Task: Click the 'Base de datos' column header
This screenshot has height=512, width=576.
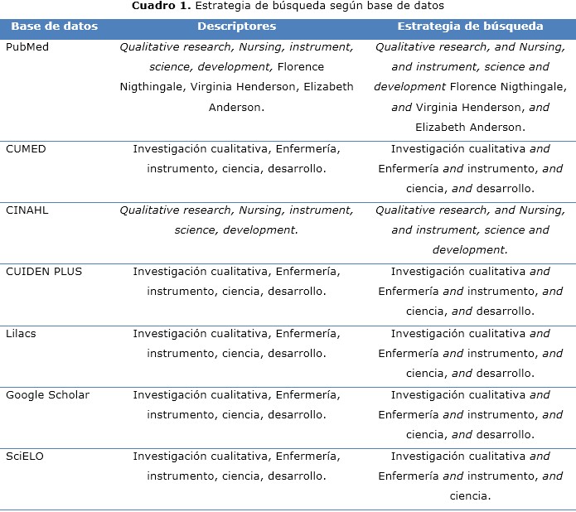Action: [54, 26]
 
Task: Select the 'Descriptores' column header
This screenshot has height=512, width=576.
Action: [236, 26]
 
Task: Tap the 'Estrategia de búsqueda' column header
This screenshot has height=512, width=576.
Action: [470, 26]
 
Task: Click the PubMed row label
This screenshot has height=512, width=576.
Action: [27, 47]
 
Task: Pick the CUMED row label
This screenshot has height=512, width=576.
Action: [26, 149]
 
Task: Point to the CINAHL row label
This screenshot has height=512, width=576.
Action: [27, 210]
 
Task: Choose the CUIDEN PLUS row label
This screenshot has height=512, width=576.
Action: [44, 272]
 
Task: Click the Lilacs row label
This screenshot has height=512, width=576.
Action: [21, 333]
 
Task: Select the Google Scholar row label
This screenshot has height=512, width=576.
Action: [47, 394]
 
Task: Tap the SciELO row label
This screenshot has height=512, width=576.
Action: [24, 456]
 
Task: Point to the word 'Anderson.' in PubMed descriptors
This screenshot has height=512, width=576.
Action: [236, 108]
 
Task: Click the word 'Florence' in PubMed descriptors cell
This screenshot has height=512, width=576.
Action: [301, 66]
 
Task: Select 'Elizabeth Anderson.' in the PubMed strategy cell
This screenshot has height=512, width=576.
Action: [470, 128]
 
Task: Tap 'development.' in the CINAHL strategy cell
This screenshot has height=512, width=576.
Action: [470, 250]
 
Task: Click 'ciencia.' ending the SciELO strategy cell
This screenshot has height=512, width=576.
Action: [470, 496]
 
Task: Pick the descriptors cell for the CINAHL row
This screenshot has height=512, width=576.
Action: [236, 220]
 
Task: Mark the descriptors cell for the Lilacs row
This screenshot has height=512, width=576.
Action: [236, 343]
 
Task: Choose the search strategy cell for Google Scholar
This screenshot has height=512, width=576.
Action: [470, 414]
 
